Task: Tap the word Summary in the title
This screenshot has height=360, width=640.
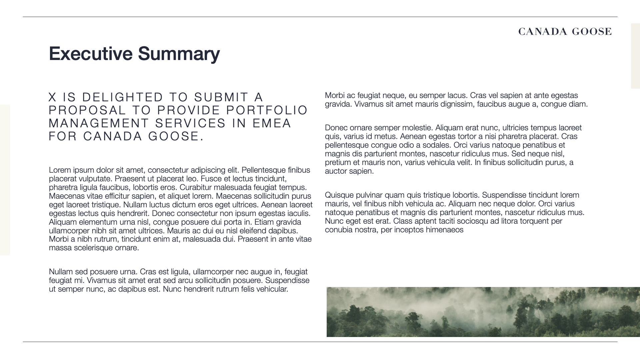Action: pyautogui.click(x=179, y=53)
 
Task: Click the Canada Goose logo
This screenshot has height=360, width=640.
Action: pyautogui.click(x=565, y=32)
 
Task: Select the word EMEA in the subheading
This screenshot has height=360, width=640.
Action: pyautogui.click(x=272, y=123)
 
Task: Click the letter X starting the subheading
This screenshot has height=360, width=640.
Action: pyautogui.click(x=52, y=97)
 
